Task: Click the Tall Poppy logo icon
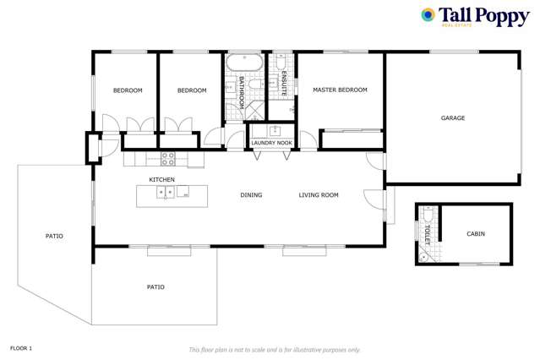click(x=428, y=15)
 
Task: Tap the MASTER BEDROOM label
click(x=340, y=90)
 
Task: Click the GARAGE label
click(x=453, y=117)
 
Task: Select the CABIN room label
click(x=476, y=233)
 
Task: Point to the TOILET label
click(x=428, y=235)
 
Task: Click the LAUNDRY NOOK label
click(x=272, y=143)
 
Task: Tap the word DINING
click(x=251, y=195)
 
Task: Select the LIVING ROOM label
click(x=319, y=195)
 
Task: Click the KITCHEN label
click(x=162, y=180)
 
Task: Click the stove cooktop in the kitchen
click(x=167, y=156)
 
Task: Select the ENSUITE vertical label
click(x=284, y=85)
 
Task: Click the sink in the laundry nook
click(x=274, y=130)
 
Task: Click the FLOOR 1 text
click(x=21, y=348)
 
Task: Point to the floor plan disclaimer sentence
click(x=275, y=349)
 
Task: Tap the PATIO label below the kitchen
click(x=155, y=287)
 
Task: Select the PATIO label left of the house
click(x=54, y=236)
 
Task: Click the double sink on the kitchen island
click(x=166, y=193)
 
